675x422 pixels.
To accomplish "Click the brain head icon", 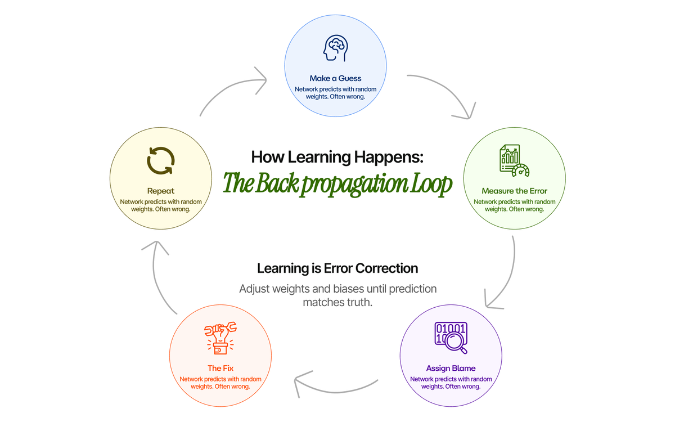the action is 335,48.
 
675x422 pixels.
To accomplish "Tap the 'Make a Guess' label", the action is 335,78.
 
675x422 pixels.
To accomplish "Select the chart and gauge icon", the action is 514,161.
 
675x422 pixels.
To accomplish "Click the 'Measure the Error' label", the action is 514,191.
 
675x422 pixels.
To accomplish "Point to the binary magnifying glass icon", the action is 451,338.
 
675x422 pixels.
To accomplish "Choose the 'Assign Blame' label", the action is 451,368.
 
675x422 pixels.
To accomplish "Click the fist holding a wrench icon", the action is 220,338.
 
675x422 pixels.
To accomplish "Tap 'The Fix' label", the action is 220,368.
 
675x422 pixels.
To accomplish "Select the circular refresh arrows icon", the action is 161,161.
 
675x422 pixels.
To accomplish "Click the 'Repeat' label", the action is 161,191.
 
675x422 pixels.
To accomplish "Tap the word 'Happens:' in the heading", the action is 389,158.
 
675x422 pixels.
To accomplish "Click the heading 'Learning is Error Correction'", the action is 337,268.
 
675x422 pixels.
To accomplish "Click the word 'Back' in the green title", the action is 277,183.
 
